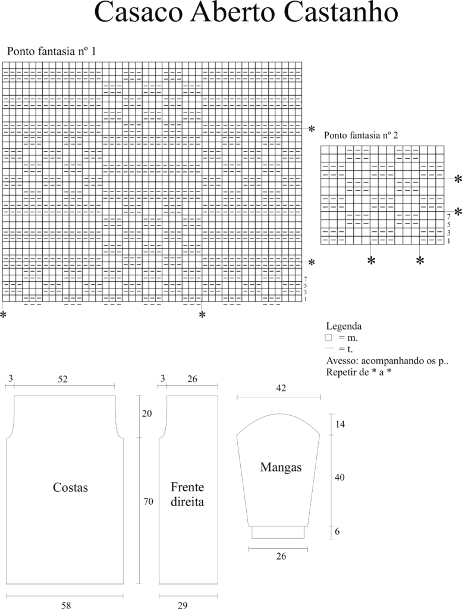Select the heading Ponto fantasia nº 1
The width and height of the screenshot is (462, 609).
[x=51, y=51]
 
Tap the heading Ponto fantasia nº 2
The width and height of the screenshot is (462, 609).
[x=361, y=135]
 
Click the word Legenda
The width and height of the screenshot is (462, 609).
[x=344, y=327]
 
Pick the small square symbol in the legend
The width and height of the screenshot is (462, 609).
[x=328, y=338]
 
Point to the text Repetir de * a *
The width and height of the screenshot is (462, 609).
[x=359, y=372]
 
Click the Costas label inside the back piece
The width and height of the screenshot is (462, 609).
[x=70, y=488]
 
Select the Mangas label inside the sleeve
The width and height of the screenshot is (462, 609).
[x=281, y=467]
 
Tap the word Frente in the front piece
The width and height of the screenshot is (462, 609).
[x=187, y=487]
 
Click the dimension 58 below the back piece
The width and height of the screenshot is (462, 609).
[x=67, y=605]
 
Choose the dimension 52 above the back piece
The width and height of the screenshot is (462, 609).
[x=62, y=379]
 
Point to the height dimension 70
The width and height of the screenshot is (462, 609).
[x=148, y=501]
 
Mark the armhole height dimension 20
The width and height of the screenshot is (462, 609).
[x=147, y=414]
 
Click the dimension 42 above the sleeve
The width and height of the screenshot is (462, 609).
[x=281, y=388]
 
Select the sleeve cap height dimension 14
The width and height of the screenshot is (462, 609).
[x=340, y=423]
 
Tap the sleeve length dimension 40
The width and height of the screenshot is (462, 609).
[x=340, y=478]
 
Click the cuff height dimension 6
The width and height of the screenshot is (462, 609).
[x=337, y=531]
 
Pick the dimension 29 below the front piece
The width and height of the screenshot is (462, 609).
[x=183, y=605]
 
